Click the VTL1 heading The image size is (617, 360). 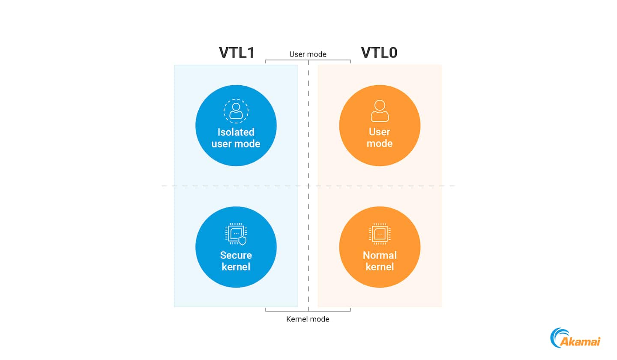pyautogui.click(x=237, y=53)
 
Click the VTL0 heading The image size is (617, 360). pyautogui.click(x=379, y=53)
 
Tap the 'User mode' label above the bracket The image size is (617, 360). pyautogui.click(x=308, y=54)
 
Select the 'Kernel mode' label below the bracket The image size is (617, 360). pyautogui.click(x=308, y=319)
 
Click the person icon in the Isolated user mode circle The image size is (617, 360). pyautogui.click(x=236, y=111)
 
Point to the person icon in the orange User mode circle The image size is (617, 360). pyautogui.click(x=380, y=111)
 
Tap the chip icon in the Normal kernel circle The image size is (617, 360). pyautogui.click(x=380, y=234)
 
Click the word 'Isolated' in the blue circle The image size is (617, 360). pyautogui.click(x=236, y=132)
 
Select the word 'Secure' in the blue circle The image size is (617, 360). pyautogui.click(x=236, y=255)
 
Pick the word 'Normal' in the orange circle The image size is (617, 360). pyautogui.click(x=380, y=255)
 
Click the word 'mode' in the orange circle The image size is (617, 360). pyautogui.click(x=380, y=144)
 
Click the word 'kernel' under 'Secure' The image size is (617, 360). pyautogui.click(x=236, y=267)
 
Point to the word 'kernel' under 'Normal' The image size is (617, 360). pyautogui.click(x=380, y=267)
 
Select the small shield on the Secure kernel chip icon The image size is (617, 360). pyautogui.click(x=243, y=241)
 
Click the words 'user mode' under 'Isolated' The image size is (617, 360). pyautogui.click(x=236, y=144)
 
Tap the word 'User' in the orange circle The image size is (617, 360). pyautogui.click(x=380, y=132)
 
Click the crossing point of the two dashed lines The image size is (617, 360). pyautogui.click(x=308, y=186)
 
